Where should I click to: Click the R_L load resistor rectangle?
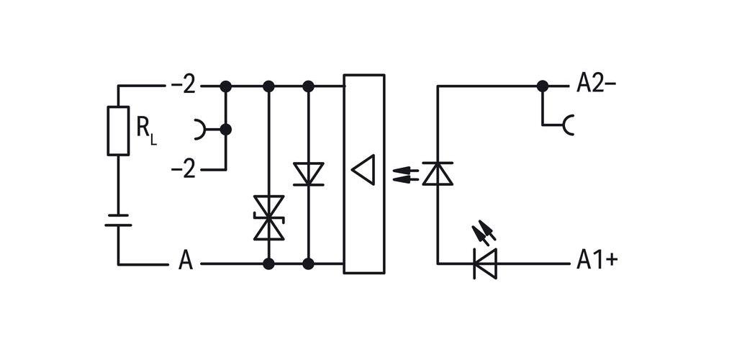click(x=118, y=130)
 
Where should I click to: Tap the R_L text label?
click(x=146, y=128)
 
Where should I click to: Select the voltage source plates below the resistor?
click(x=118, y=220)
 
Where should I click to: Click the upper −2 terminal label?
click(x=184, y=86)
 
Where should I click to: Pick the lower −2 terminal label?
click(x=184, y=169)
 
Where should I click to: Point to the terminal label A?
click(x=186, y=261)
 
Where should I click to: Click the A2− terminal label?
click(x=597, y=84)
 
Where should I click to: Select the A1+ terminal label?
click(x=597, y=260)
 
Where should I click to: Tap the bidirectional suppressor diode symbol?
click(x=269, y=218)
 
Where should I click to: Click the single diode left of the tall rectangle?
click(x=308, y=174)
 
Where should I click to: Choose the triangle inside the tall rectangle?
click(x=363, y=170)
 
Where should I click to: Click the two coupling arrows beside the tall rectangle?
click(x=406, y=174)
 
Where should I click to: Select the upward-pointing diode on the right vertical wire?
click(x=438, y=174)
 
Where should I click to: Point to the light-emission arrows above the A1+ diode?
click(x=484, y=232)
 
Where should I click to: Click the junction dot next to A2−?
click(x=543, y=86)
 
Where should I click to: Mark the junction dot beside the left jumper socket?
click(x=225, y=130)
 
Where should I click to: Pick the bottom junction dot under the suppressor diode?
click(x=269, y=264)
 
